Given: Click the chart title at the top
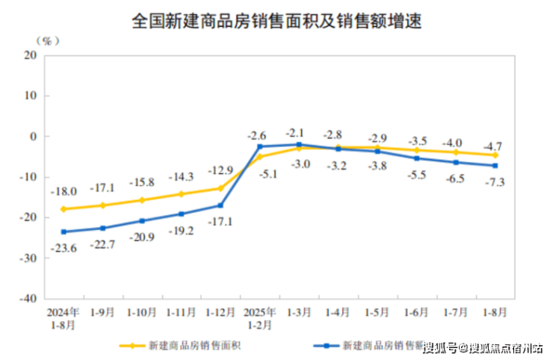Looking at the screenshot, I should click(x=277, y=22).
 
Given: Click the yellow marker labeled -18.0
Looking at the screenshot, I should click(x=63, y=209).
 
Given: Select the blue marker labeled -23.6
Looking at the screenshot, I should click(x=63, y=232).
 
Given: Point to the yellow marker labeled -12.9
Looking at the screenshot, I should click(x=220, y=188).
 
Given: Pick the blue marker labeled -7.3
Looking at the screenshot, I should click(x=495, y=166).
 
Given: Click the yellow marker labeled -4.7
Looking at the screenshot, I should click(x=495, y=155).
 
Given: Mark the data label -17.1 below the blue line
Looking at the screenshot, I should click(x=218, y=222).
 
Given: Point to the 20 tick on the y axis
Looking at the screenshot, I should click(x=31, y=55).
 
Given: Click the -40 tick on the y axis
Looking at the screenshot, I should click(x=28, y=297).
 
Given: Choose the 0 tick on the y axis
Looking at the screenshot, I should click(x=34, y=136).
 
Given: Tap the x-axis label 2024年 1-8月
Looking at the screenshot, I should click(x=63, y=317).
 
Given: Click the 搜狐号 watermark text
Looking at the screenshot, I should click(x=440, y=348).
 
